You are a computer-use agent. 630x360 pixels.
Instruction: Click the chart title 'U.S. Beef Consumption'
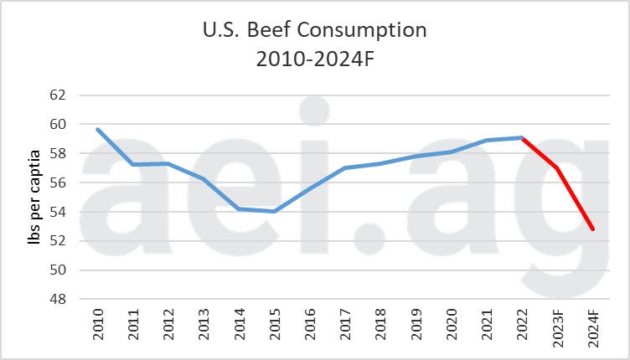[315, 31]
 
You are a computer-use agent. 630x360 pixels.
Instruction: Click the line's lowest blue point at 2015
[274, 211]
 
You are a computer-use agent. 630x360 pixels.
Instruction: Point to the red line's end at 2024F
[593, 229]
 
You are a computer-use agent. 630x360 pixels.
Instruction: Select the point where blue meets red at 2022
[522, 138]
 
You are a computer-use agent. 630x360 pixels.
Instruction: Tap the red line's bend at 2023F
[558, 167]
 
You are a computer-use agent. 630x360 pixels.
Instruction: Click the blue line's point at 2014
[239, 208]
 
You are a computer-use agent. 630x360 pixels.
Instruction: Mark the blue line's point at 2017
[345, 167]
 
